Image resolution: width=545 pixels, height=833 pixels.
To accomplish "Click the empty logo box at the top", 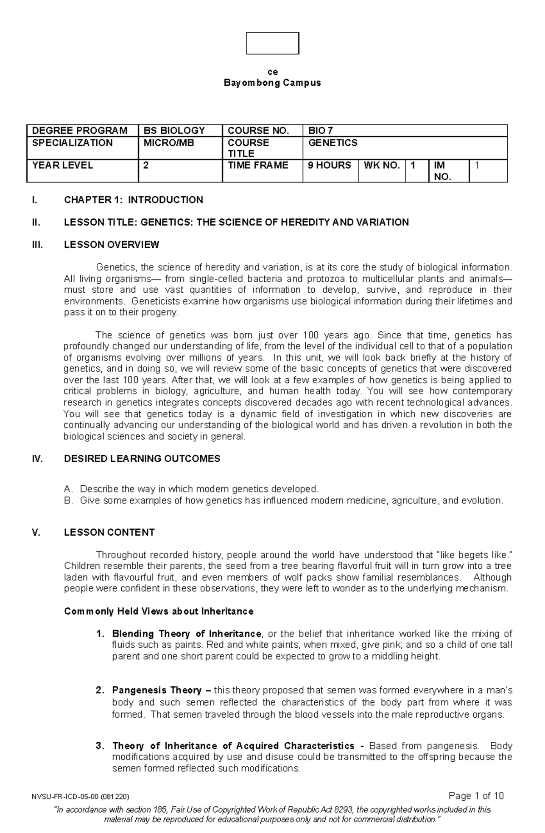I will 272,44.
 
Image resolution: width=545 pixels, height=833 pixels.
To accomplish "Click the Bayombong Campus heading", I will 272,83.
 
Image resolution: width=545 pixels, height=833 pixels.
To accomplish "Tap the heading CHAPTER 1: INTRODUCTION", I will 134,200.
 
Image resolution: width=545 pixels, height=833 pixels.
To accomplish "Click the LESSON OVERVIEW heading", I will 112,245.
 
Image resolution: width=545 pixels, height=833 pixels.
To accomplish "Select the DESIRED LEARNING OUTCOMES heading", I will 142,458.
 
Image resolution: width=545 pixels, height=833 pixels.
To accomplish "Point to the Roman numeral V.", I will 36,532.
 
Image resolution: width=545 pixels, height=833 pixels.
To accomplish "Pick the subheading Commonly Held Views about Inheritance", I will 159,611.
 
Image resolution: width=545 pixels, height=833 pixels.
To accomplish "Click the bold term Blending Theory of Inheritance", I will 186,634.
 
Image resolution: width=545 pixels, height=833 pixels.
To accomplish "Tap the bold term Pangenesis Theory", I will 157,690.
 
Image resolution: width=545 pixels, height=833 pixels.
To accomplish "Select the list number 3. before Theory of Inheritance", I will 100,746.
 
